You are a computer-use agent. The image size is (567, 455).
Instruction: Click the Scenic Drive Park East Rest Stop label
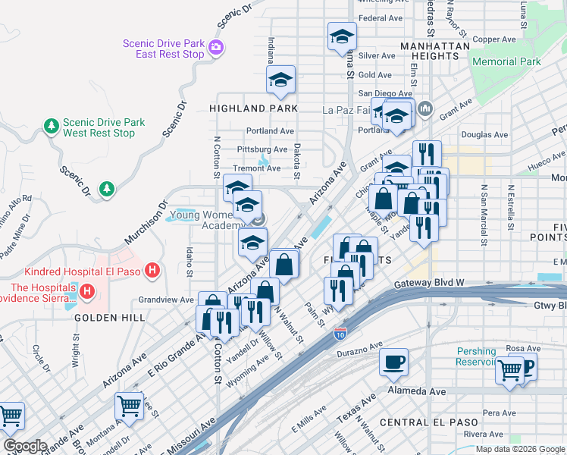click(164, 49)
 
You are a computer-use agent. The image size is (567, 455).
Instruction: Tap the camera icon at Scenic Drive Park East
click(216, 49)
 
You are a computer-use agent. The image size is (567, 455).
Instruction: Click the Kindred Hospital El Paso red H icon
click(153, 270)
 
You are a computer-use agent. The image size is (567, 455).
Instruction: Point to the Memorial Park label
click(506, 61)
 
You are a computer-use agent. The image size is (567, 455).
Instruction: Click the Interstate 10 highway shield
click(340, 332)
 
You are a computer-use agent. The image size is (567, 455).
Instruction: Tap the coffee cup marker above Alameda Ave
click(393, 363)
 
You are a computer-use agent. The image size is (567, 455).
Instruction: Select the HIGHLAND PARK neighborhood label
click(253, 108)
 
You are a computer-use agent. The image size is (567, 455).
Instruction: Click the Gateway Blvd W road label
click(429, 284)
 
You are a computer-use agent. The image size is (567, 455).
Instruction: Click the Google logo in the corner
click(26, 445)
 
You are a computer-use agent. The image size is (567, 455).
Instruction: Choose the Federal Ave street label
click(381, 18)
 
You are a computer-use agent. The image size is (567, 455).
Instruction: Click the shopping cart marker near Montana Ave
click(129, 407)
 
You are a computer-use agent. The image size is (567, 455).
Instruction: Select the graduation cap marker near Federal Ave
click(342, 36)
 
